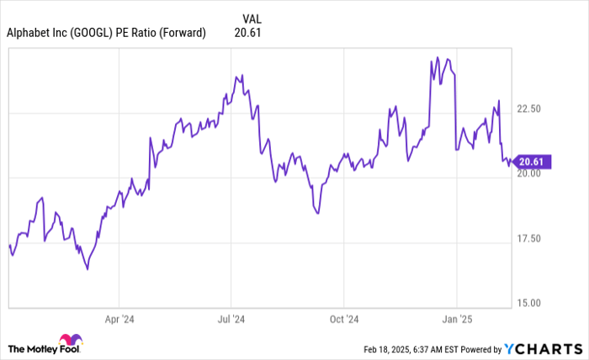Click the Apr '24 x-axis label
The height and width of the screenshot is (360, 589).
119,320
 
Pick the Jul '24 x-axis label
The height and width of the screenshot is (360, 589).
231,320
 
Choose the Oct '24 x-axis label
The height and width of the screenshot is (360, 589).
344,320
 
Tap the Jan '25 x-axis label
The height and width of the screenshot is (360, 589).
455,320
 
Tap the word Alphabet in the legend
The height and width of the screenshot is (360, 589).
29,34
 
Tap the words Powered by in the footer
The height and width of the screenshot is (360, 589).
479,348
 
